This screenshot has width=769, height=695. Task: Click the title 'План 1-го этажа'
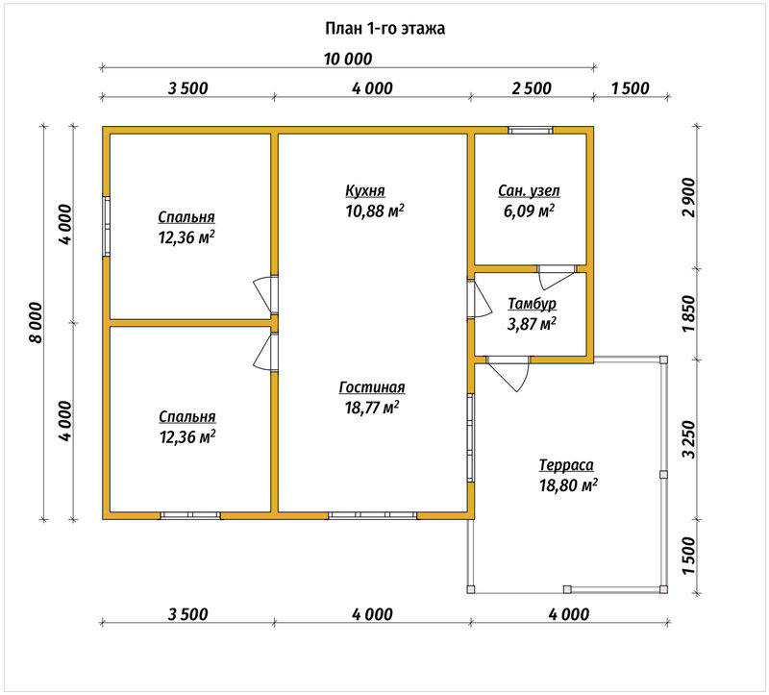[x=385, y=29]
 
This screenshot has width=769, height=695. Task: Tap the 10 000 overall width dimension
[x=348, y=59]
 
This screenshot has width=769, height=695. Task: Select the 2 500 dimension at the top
[x=532, y=88]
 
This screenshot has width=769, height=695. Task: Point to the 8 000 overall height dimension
[x=37, y=322]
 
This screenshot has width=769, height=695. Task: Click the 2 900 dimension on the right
[x=689, y=197]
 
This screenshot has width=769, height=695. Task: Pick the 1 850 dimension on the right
[x=689, y=313]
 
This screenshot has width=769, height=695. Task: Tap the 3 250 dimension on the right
[x=689, y=439]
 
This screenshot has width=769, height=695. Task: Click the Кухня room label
[x=365, y=190]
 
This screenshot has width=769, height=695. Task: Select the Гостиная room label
[x=372, y=387]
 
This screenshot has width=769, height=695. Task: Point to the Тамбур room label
[x=533, y=304]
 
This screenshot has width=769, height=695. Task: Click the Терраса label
[x=566, y=464]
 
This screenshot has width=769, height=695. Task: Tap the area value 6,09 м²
[x=530, y=211]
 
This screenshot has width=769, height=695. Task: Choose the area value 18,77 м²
[x=372, y=407]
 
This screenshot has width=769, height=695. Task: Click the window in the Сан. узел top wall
[x=531, y=130]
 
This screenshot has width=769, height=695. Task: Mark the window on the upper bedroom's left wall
[x=106, y=226]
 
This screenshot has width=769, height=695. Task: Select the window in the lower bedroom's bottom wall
[x=190, y=515]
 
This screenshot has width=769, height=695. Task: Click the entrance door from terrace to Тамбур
[x=509, y=373]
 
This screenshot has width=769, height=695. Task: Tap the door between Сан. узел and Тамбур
[x=557, y=277]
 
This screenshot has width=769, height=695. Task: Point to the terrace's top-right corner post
[x=663, y=360]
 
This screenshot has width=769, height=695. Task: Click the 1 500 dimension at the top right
[x=631, y=88]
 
